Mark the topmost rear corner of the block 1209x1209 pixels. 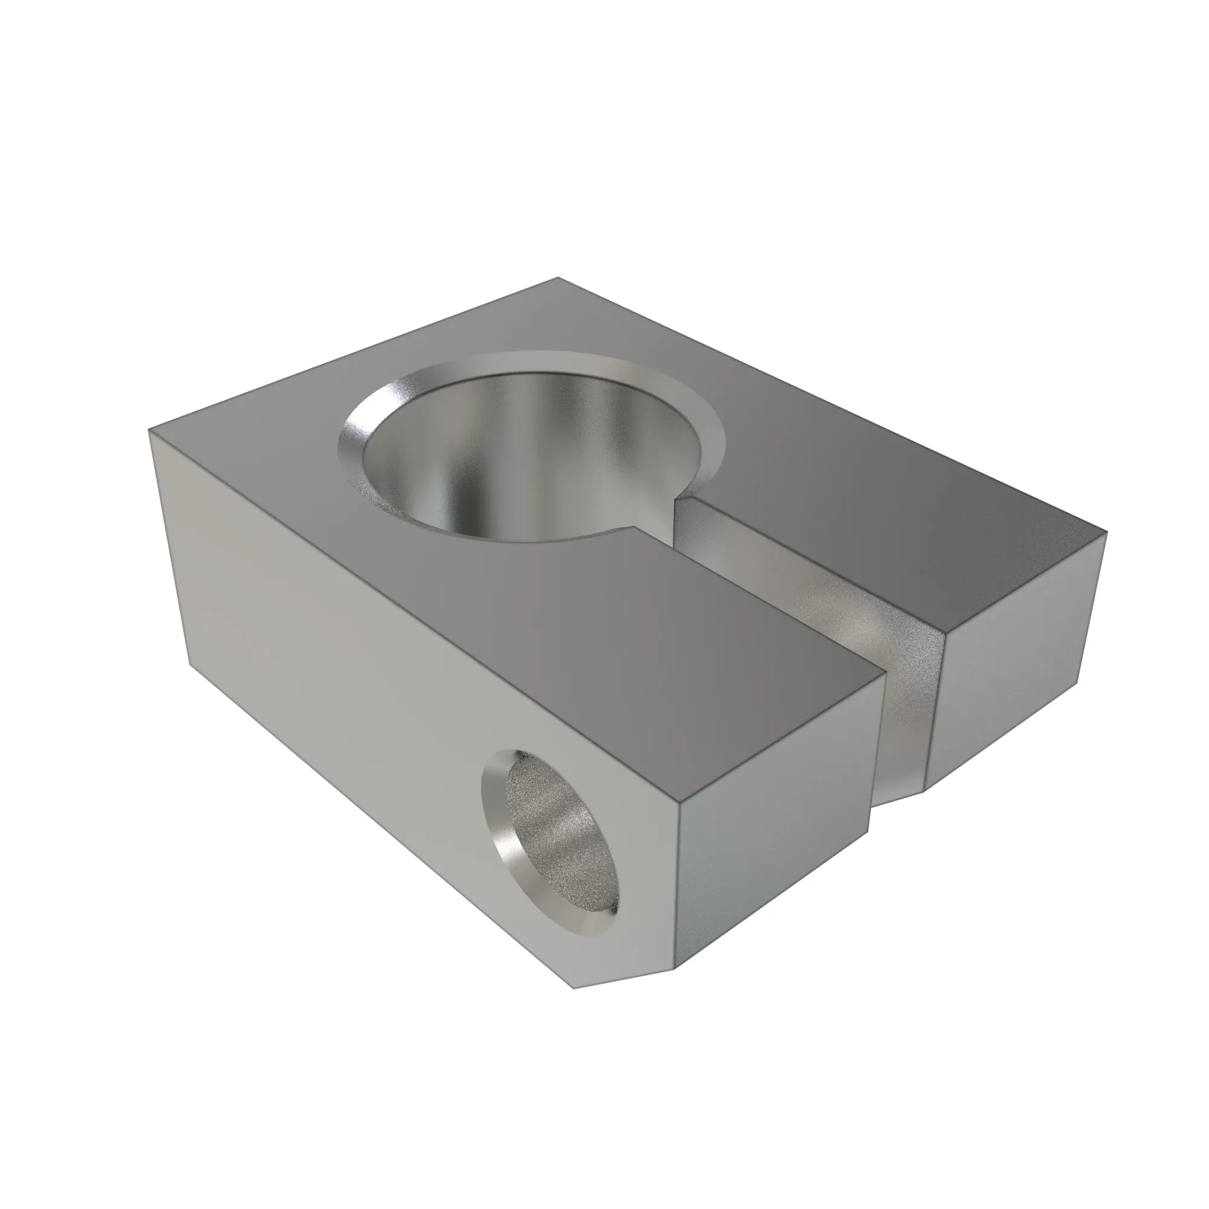point(557,278)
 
